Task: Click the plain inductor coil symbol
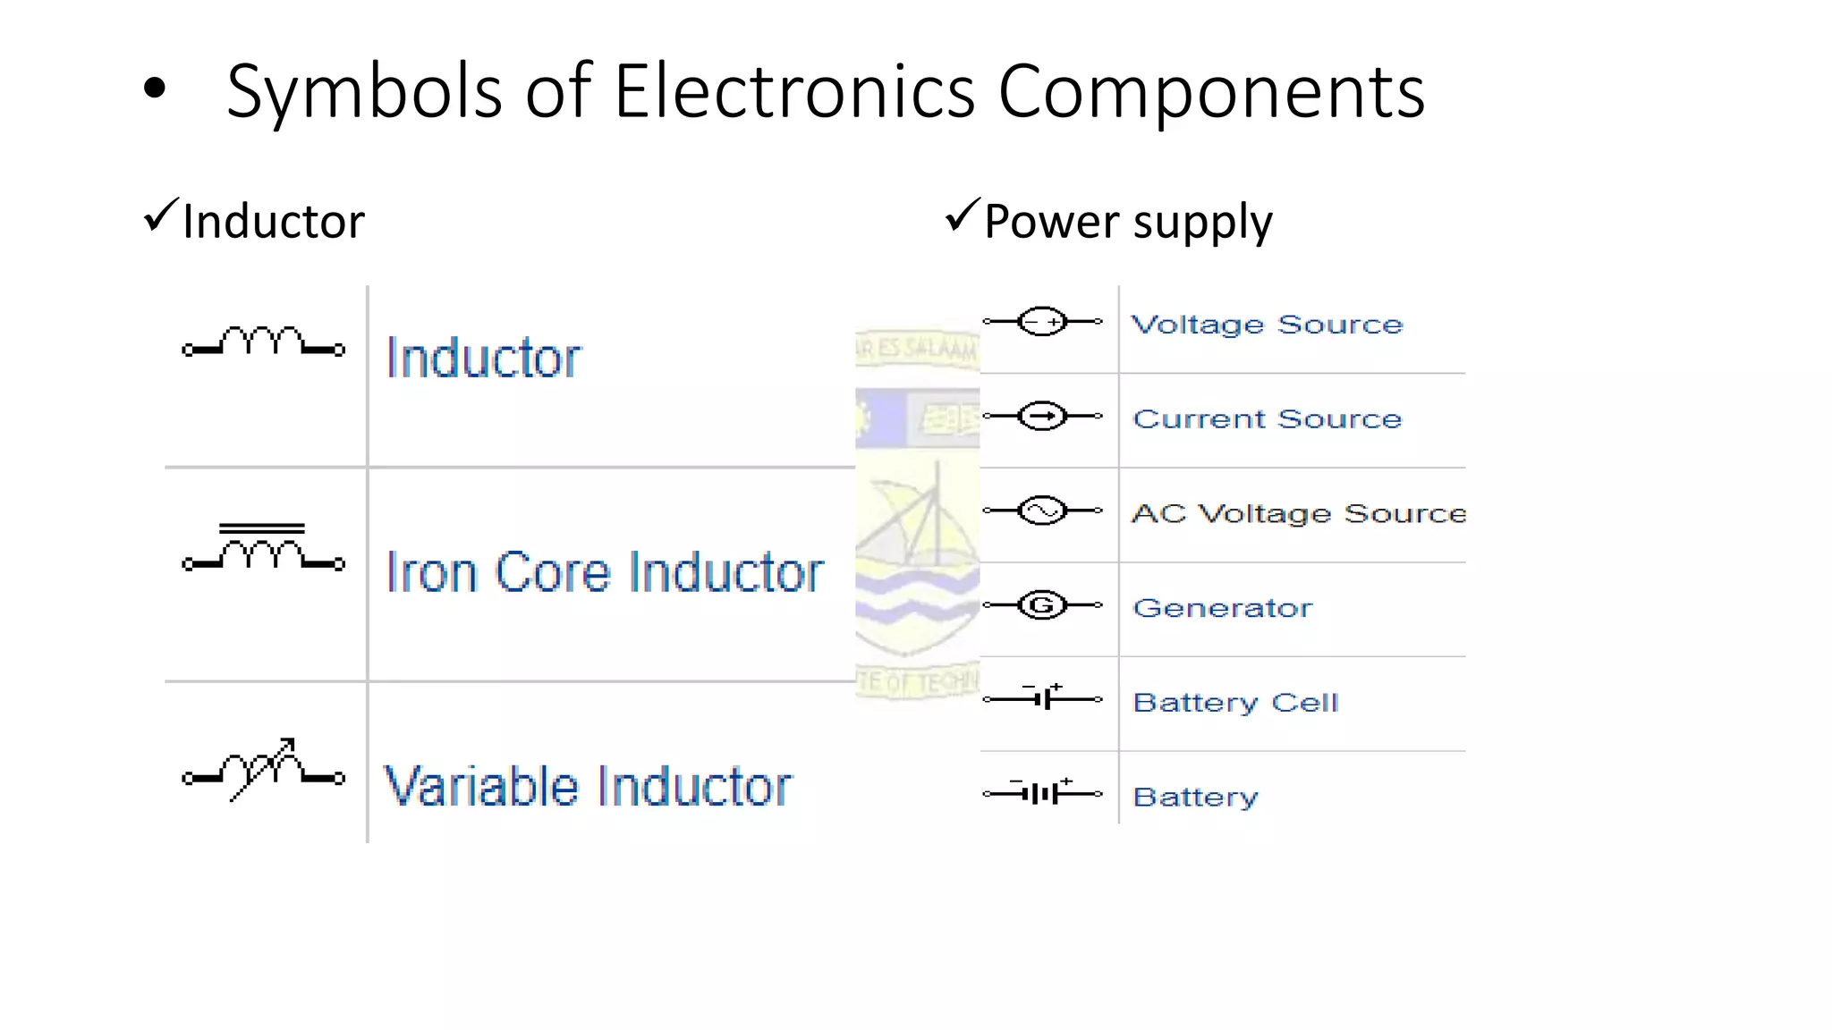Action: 263,342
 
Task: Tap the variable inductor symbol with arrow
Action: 263,771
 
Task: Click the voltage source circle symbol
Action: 1042,322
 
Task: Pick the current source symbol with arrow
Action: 1042,417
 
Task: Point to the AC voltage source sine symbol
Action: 1042,511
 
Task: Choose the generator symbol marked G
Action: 1042,605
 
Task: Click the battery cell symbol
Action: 1043,698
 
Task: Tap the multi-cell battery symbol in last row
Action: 1043,793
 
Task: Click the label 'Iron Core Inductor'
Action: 605,572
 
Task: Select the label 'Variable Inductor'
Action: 588,787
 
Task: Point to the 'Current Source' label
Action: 1267,419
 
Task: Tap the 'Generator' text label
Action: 1222,608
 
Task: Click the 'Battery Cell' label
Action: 1235,703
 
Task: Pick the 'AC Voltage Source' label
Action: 1299,513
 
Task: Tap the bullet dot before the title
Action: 155,88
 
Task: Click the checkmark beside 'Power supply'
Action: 963,216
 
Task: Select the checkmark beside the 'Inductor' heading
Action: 161,216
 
